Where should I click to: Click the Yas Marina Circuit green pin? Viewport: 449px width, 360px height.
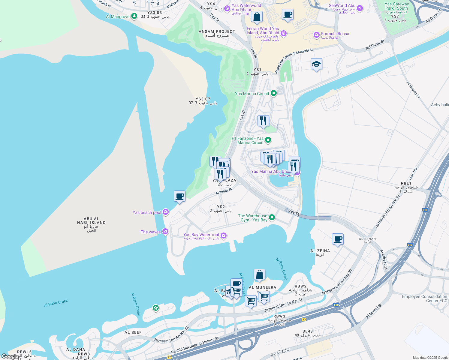[x=273, y=93]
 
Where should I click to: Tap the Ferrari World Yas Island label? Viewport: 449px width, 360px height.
[x=263, y=31]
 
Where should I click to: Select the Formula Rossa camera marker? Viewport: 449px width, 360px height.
[x=316, y=35]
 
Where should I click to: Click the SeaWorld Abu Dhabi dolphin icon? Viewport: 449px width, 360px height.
[x=360, y=8]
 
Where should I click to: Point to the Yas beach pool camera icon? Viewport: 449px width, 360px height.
[x=165, y=212]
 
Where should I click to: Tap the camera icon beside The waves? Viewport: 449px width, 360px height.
[x=165, y=232]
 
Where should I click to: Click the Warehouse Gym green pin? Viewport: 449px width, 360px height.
[x=272, y=217]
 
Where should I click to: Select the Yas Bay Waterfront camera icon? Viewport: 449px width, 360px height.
[x=223, y=236]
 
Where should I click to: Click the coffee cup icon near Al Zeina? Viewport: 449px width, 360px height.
[x=338, y=239]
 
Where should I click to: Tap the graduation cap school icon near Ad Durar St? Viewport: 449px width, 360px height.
[x=316, y=64]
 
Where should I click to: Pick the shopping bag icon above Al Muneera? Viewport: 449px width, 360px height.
[x=259, y=274]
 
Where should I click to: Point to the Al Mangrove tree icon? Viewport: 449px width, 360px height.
[x=134, y=16]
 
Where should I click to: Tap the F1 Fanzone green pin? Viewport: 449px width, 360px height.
[x=268, y=140]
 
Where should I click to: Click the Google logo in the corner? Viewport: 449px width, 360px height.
[x=10, y=356]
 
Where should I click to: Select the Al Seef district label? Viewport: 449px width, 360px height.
[x=133, y=332]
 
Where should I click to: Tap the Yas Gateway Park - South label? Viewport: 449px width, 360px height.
[x=396, y=6]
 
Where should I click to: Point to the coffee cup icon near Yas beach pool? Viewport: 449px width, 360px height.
[x=179, y=196]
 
